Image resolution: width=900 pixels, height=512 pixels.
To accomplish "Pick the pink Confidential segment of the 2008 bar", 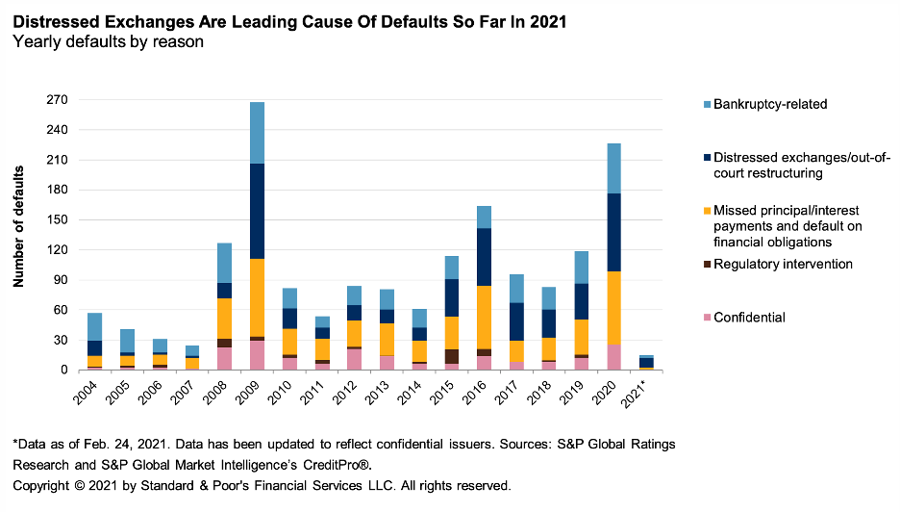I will (x=223, y=359).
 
